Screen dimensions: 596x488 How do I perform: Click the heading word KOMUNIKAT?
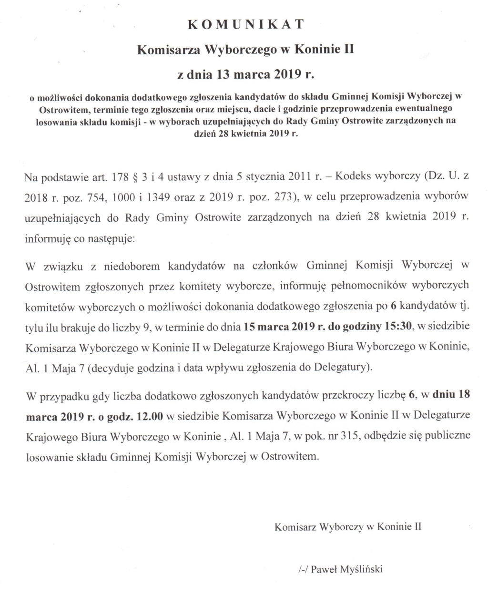(x=245, y=25)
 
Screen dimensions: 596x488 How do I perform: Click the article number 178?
(x=119, y=178)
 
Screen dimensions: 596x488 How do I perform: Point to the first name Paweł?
(x=324, y=569)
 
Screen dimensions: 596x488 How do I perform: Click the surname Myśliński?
(x=362, y=569)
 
